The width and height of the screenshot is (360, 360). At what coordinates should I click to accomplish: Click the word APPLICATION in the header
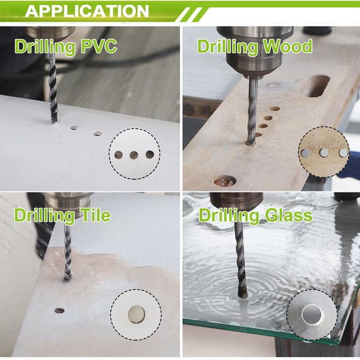point(87,11)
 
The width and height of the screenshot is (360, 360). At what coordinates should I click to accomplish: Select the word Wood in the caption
point(287,46)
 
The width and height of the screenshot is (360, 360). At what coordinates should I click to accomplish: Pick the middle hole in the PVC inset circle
point(134,155)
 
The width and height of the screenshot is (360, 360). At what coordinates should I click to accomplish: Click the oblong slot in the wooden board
point(318,85)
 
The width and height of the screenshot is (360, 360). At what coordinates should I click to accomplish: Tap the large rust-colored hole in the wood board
point(225,181)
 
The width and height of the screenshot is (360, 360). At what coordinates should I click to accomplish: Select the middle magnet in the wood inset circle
point(323,152)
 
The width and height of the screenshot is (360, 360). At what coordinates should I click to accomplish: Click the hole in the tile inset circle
point(136,314)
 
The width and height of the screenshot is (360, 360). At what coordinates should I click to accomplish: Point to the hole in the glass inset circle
point(312,314)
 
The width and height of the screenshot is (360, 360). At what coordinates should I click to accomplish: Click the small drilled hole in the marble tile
point(59,311)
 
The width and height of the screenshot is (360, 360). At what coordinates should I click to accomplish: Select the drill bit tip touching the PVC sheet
point(55,121)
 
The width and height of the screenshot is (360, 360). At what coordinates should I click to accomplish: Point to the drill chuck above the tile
point(68,205)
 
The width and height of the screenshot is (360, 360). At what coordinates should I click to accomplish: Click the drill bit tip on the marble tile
point(67,278)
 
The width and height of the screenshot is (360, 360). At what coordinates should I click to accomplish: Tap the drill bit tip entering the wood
point(251,142)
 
